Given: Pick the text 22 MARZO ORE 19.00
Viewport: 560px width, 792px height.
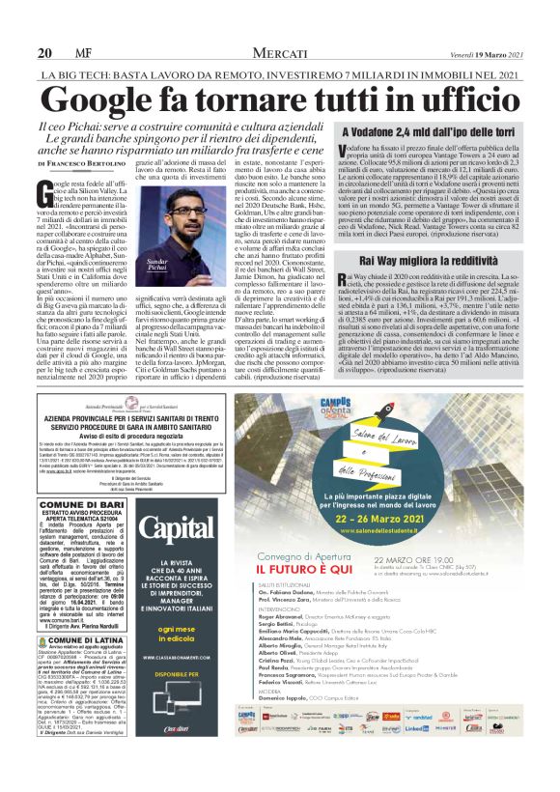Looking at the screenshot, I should click(444, 559).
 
